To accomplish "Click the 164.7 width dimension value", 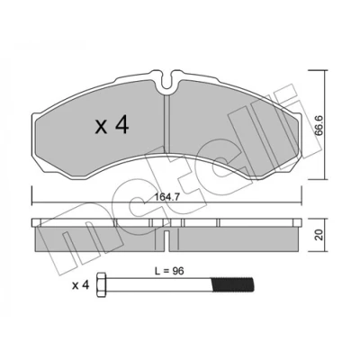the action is pos(167,197).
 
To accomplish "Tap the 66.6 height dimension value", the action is pos(319,125).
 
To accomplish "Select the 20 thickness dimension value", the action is pos(319,235).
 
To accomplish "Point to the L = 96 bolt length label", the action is pos(169,271).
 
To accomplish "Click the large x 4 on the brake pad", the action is pos(112,125).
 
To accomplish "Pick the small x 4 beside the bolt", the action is pos(81,285).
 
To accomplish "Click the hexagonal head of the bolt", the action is pos(102,284).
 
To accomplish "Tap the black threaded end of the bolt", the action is pos(233,284).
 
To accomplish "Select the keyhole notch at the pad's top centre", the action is pos(167,82).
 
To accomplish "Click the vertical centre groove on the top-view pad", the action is pos(167,123).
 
